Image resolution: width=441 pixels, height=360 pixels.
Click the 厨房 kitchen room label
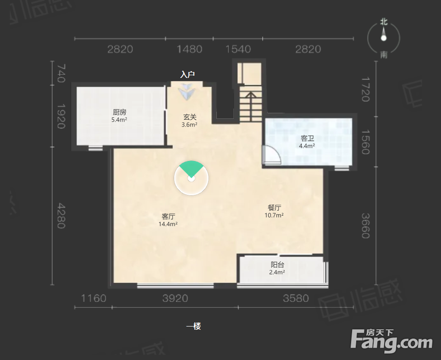click(120, 112)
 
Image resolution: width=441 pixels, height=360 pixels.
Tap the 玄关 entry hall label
click(190, 117)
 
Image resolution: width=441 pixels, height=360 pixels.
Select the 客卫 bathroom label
click(307, 138)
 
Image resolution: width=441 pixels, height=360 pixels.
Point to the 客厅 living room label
click(168, 216)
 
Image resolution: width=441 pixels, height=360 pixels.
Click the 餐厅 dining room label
click(274, 208)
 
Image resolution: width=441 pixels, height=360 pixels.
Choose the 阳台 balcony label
click(277, 265)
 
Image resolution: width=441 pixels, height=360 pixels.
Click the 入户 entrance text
click(187, 75)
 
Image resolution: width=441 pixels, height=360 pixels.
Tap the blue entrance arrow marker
click(186, 91)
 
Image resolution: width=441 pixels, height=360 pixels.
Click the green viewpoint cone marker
click(191, 168)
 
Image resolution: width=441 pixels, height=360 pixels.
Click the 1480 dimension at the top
click(189, 49)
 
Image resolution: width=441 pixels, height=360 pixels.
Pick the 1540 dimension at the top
click(238, 49)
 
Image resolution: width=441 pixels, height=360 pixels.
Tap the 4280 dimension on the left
click(61, 216)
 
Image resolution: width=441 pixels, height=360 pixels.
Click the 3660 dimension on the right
click(365, 226)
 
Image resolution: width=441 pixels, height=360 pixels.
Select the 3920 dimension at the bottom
click(175, 298)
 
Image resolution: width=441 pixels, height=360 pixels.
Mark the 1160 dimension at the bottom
click(94, 298)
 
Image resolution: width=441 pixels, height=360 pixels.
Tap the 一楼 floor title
click(193, 326)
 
